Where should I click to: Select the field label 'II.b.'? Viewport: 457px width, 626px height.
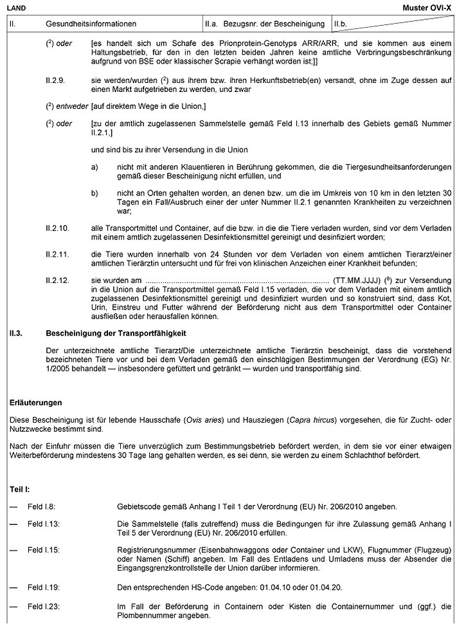(x=341, y=24)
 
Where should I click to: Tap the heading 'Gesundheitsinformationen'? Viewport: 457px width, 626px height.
(x=91, y=24)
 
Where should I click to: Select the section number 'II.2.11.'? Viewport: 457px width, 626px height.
(x=59, y=254)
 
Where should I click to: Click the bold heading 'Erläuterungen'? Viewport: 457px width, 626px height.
(x=36, y=403)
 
